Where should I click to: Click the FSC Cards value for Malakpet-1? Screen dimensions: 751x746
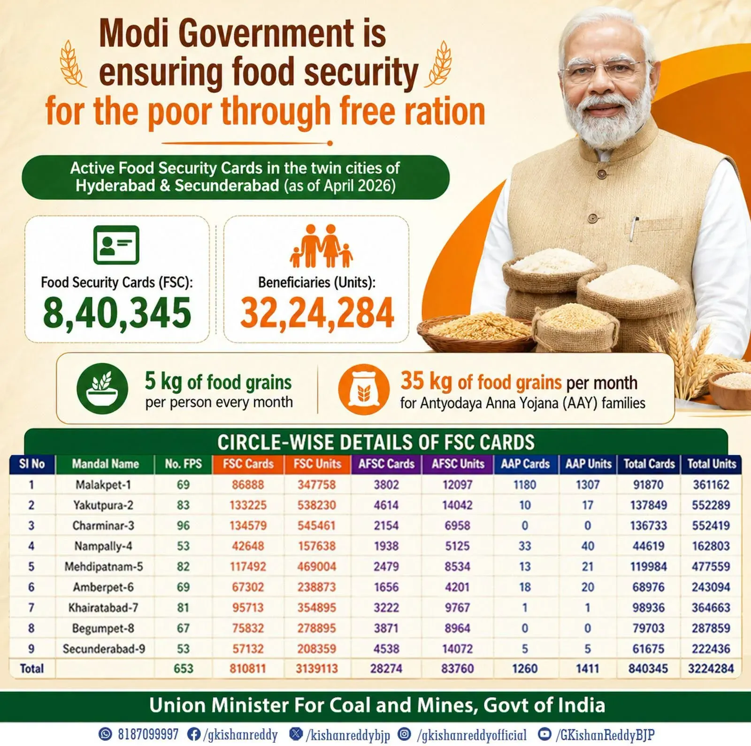248,484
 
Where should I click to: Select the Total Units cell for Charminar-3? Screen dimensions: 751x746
711,525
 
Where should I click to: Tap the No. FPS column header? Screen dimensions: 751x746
183,464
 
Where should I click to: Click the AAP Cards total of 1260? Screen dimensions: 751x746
524,669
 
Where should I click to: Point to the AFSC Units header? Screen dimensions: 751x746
458,464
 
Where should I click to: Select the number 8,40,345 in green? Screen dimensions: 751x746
117,313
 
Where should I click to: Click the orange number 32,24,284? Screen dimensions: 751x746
317,313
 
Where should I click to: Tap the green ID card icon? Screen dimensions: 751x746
116,245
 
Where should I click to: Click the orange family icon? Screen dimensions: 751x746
321,246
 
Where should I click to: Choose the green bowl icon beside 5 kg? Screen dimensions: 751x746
102,389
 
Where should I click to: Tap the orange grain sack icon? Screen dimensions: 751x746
364,389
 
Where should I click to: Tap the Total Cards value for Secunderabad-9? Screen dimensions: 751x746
648,648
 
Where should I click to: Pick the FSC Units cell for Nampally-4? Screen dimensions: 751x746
317,546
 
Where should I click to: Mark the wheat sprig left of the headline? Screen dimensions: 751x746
72,63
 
